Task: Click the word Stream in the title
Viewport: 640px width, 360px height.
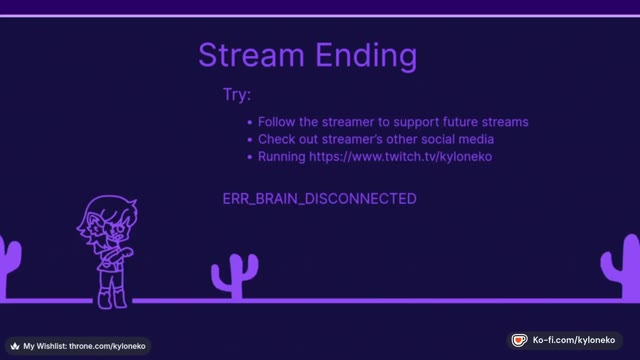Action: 251,55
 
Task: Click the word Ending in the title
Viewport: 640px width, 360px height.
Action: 366,57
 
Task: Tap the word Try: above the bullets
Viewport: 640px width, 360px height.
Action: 237,95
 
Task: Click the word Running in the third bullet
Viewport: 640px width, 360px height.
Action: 282,157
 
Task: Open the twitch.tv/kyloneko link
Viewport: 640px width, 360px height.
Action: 400,157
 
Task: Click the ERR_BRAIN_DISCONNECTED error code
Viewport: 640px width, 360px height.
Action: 320,199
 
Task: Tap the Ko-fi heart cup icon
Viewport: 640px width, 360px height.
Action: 520,340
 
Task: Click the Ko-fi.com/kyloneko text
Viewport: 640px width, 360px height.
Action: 574,340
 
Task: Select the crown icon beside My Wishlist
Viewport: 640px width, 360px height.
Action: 15,346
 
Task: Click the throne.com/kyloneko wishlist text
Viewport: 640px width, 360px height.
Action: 107,346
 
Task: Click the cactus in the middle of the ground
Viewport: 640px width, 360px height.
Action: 235,276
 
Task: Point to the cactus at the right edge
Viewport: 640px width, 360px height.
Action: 621,267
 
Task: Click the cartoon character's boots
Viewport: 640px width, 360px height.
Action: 112,299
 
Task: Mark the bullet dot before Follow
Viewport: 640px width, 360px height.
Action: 250,122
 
